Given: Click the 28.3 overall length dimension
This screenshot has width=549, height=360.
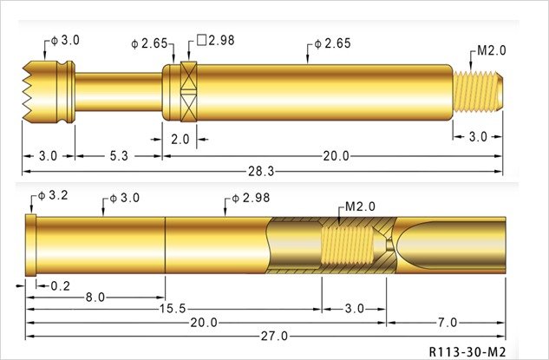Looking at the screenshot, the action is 261,172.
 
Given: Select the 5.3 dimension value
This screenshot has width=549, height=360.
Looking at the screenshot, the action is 119,156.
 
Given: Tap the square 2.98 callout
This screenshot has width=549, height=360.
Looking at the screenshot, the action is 216,40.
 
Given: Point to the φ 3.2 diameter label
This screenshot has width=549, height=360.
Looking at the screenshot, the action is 53,195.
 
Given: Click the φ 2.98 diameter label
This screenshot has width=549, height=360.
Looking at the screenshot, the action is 251,198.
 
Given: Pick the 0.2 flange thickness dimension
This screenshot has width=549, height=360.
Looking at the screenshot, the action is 60,286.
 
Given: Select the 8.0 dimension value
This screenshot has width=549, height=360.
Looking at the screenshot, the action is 95,298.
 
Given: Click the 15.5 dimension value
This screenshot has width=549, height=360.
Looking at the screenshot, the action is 173,309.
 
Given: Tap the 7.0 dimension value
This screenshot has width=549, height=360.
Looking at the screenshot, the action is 448,322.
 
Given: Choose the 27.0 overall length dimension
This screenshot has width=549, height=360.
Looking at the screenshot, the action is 274,337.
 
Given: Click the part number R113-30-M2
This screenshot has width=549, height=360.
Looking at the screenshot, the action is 467,351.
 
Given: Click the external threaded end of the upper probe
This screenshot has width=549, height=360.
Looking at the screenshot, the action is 478,92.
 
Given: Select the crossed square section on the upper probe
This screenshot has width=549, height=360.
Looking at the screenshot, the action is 189,92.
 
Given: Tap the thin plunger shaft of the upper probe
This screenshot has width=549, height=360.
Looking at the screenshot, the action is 119,92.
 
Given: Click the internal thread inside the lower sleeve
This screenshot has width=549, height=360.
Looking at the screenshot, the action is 347,245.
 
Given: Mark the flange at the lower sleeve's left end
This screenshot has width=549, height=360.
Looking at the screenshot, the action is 31,245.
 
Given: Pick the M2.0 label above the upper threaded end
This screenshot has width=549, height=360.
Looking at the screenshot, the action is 492,51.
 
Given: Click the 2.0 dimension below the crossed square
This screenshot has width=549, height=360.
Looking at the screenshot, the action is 180,140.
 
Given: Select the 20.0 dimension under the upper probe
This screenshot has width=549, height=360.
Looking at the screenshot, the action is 337,156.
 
